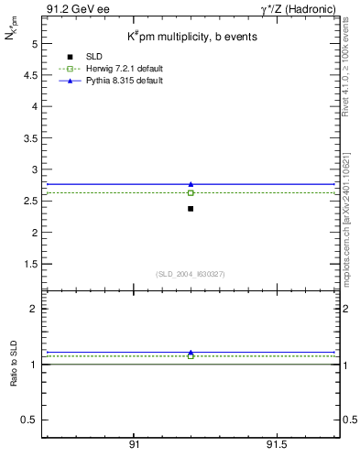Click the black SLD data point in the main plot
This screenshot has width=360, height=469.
(x=191, y=209)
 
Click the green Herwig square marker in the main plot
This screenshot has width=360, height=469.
(x=191, y=192)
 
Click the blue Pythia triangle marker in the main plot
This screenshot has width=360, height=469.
(x=191, y=184)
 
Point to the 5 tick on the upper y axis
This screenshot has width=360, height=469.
(x=34, y=43)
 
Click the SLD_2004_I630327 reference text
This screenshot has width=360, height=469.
(x=191, y=273)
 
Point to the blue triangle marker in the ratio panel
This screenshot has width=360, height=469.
(x=191, y=352)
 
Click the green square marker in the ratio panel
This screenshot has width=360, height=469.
(x=191, y=355)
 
